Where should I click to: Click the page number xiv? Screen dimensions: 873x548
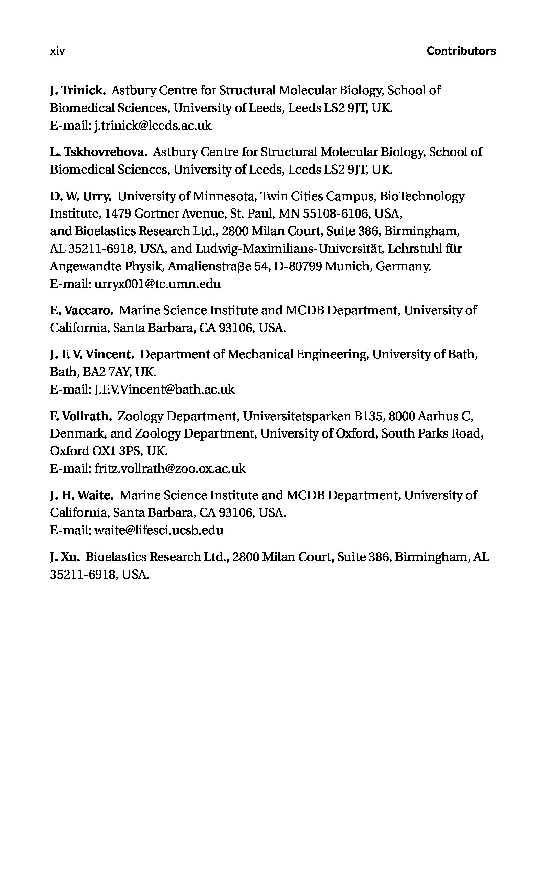pos(57,51)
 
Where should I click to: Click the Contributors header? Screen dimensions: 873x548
pos(461,51)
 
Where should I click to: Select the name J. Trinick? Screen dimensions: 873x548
pos(77,90)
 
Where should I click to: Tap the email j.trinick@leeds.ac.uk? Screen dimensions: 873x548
pos(153,126)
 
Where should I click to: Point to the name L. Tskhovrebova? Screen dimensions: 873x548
pos(98,152)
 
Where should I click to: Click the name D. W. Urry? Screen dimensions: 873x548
pos(81,197)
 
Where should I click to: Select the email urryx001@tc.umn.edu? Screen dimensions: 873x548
pos(157,284)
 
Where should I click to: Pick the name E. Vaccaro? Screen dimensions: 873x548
pos(82,310)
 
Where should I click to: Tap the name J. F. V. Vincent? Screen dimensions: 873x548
pos(92,354)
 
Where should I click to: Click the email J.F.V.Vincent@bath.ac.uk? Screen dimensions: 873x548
pos(164,390)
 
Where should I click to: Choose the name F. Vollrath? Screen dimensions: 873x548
pos(81,416)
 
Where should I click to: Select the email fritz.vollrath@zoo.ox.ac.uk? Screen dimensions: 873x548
pos(169,469)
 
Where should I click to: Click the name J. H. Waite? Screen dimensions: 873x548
pos(82,495)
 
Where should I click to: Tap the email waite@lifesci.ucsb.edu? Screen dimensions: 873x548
pos(159,531)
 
